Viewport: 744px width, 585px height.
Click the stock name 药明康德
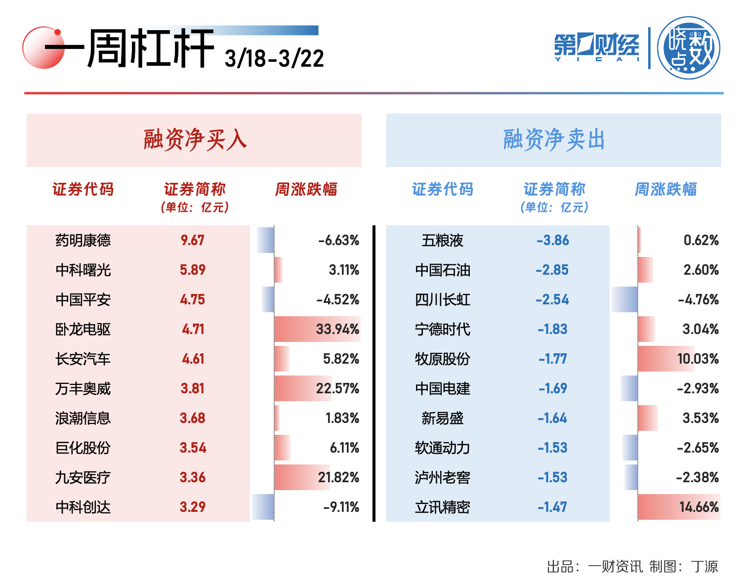coord(83,241)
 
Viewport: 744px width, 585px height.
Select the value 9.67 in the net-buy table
coord(193,241)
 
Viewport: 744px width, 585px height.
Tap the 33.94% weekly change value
coord(337,329)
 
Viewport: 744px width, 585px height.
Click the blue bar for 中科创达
coord(263,507)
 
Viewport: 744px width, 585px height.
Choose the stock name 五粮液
coord(442,241)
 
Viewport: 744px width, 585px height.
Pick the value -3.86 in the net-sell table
coord(553,241)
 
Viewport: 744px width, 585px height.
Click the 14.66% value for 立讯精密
coord(699,507)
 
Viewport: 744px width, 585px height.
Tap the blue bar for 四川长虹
coord(625,299)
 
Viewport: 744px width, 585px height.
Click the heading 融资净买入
coord(195,140)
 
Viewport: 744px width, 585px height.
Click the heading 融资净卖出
coord(554,140)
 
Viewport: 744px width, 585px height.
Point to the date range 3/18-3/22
coord(274,59)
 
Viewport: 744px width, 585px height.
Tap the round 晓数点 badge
coord(689,48)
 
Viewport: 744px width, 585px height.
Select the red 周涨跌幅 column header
coord(306,189)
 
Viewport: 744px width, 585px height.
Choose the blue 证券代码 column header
coord(443,189)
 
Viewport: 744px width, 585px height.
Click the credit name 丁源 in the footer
coord(704,566)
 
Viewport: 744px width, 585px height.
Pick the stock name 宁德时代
coord(442,329)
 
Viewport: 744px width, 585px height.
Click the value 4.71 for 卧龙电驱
coord(193,329)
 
